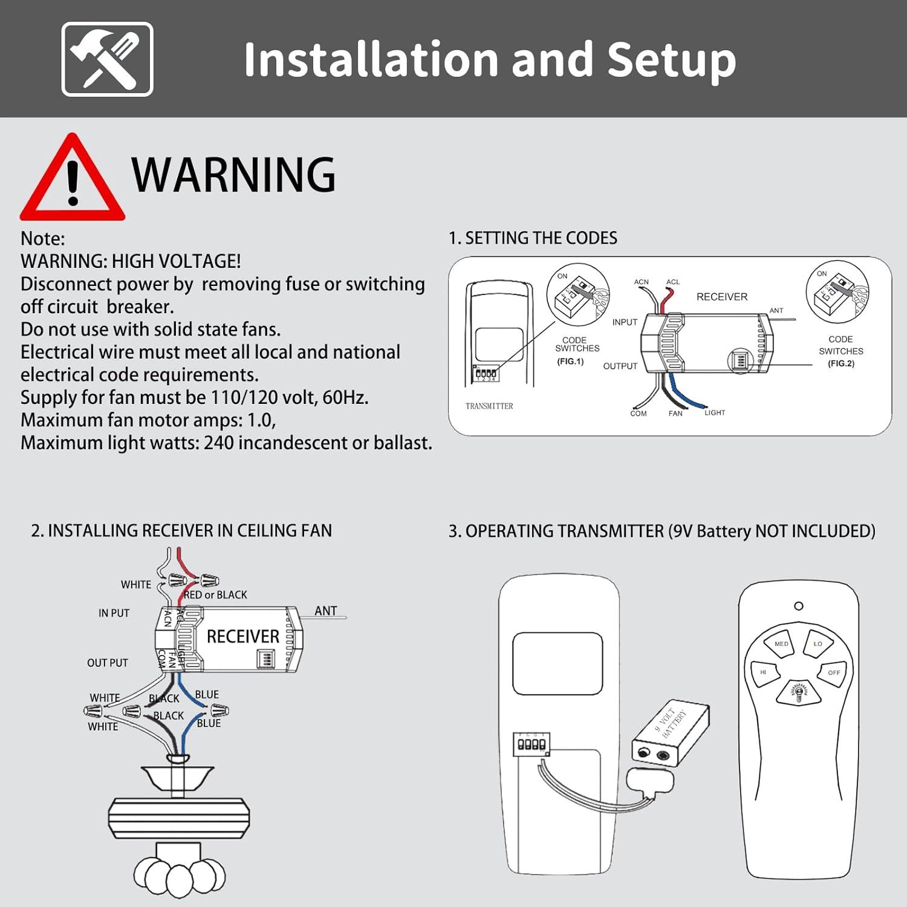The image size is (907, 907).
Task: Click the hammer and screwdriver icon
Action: pyautogui.click(x=107, y=59)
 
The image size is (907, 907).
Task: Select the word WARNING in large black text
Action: pyautogui.click(x=233, y=175)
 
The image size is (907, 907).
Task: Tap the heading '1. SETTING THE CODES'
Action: pyautogui.click(x=533, y=238)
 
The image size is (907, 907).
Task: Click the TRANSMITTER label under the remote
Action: pyautogui.click(x=489, y=406)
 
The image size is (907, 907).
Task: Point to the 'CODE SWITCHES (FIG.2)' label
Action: pyautogui.click(x=841, y=351)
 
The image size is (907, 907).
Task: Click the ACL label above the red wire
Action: pyautogui.click(x=673, y=282)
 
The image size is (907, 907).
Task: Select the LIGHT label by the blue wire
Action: pyautogui.click(x=715, y=412)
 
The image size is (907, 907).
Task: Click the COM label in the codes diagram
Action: pyautogui.click(x=639, y=414)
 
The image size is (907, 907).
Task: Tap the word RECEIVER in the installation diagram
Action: pyautogui.click(x=243, y=637)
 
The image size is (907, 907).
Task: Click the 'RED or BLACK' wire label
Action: pyautogui.click(x=215, y=595)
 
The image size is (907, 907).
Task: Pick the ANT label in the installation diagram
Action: pyautogui.click(x=325, y=611)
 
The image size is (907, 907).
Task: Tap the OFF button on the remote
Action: pyautogui.click(x=834, y=672)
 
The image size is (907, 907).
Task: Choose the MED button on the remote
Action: pyautogui.click(x=781, y=644)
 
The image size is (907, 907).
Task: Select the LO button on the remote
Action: pyautogui.click(x=818, y=644)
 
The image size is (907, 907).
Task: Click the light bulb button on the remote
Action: pyautogui.click(x=798, y=692)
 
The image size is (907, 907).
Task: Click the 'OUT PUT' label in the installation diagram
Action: pyautogui.click(x=108, y=663)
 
